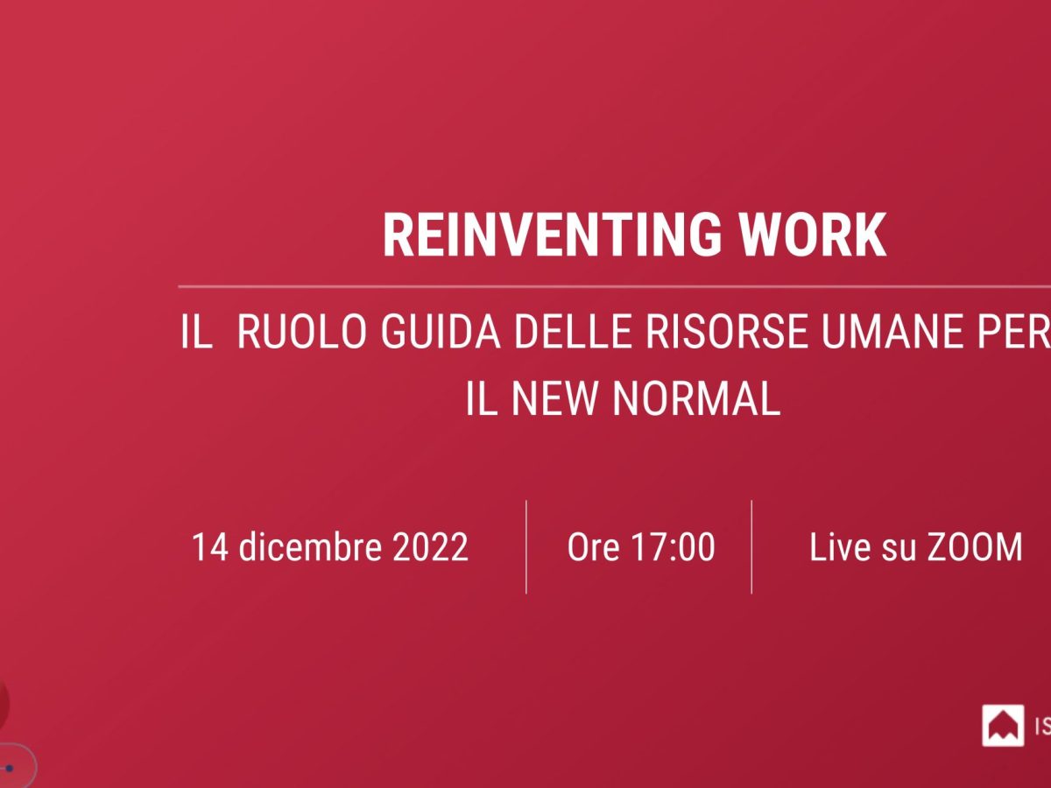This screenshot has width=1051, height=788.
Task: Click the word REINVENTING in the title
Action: click(552, 235)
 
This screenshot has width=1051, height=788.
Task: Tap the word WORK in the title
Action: click(813, 235)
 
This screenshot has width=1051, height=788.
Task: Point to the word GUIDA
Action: click(441, 331)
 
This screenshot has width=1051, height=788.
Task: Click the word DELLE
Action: click(573, 331)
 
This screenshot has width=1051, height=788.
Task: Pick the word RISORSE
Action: click(727, 331)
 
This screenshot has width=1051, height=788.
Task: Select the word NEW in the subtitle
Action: click(554, 398)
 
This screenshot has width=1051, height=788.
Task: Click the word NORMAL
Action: click(696, 398)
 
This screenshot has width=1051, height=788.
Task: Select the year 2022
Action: click(430, 547)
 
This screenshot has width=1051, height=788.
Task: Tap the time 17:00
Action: click(673, 547)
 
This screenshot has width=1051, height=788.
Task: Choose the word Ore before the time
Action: click(593, 547)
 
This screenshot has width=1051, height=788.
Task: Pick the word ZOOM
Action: click(975, 547)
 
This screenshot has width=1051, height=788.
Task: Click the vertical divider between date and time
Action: click(526, 547)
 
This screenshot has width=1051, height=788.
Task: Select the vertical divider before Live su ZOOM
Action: click(751, 547)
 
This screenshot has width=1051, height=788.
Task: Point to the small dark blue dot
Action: click(9, 769)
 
